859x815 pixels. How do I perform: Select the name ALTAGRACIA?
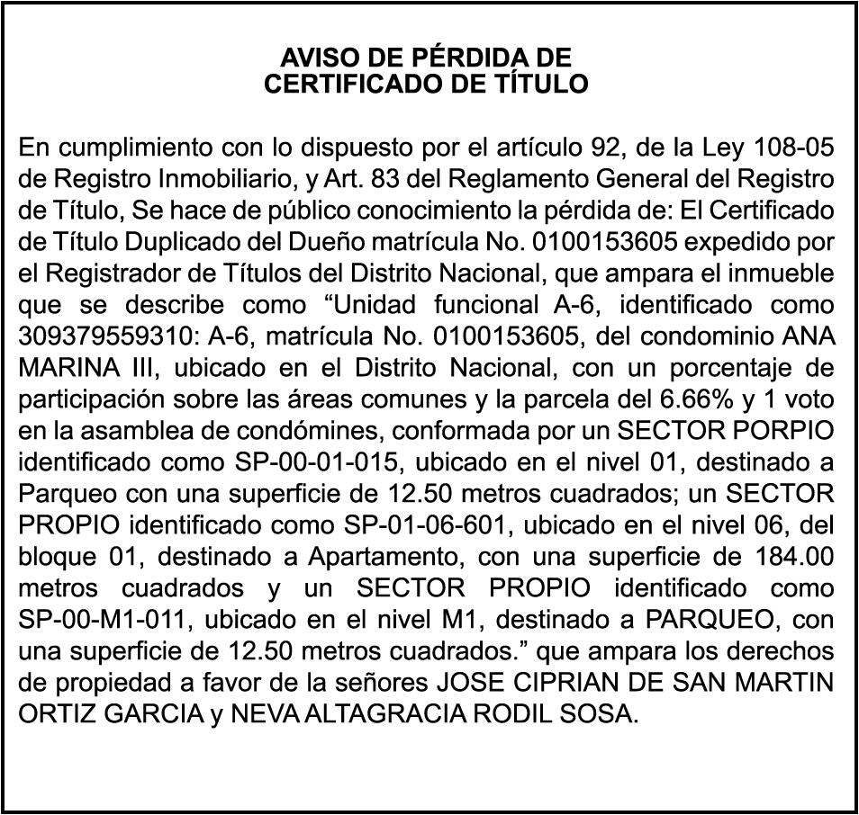(392, 714)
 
